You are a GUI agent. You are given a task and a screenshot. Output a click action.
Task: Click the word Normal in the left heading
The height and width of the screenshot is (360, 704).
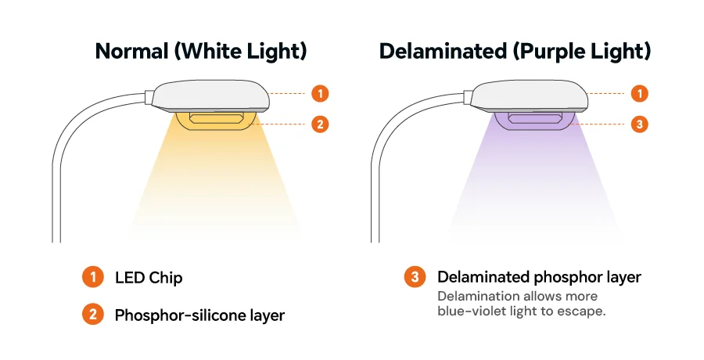132,51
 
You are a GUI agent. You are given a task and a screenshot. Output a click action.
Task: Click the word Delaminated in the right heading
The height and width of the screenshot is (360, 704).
444,51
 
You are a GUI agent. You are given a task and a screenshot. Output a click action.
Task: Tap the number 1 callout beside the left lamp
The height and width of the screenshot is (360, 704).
320,93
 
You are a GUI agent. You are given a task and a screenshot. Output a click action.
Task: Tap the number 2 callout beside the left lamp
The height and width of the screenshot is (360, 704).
320,124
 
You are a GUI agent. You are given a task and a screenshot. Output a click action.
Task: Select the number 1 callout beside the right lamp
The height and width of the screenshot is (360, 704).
639,93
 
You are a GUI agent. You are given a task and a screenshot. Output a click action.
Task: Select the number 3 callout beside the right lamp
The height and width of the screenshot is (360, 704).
639,124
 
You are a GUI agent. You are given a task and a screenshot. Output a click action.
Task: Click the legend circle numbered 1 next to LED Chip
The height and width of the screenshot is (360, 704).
93,277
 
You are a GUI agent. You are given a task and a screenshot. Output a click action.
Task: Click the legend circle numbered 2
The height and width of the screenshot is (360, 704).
93,314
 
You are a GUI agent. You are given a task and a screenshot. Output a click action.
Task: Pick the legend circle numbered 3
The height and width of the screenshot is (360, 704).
415,277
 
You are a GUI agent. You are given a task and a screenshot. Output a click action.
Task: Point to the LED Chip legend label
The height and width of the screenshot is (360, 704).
149,277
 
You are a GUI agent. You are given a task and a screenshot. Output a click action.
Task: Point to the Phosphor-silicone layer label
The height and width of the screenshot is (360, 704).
199,315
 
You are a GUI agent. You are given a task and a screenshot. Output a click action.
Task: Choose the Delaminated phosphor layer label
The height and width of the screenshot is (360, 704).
539,277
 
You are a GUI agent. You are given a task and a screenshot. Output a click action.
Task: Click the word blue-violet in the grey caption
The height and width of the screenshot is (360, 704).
472,311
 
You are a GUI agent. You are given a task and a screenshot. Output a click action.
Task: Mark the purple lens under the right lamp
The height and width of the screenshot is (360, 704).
535,121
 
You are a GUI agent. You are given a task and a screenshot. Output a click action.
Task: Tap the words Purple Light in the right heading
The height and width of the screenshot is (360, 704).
582,51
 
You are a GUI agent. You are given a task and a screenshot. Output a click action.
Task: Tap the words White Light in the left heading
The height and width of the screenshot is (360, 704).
241,51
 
